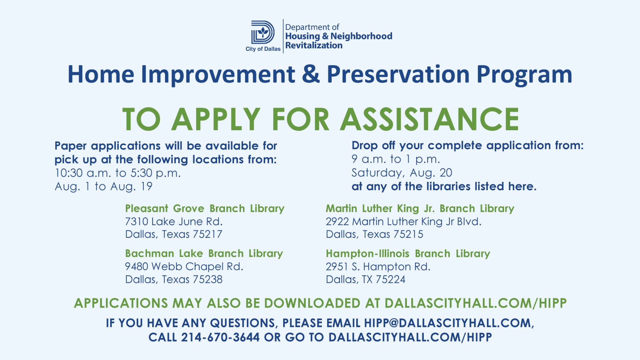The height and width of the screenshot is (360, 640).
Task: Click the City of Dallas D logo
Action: coord(263,32)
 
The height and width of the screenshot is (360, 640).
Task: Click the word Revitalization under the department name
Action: coord(314,45)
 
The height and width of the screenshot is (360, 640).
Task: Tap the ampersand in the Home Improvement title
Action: coord(311,74)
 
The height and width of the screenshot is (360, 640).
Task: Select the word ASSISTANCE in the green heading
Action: coord(429,119)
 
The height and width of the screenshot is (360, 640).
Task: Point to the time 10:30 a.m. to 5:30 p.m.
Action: coord(118,173)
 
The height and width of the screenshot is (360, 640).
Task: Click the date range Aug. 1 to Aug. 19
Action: coord(103,186)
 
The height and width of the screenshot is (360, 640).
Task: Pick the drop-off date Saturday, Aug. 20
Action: coord(402,173)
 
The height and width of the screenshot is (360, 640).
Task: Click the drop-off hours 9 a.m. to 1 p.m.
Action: coord(396,159)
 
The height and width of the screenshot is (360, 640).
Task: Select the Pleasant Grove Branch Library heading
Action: coord(205,208)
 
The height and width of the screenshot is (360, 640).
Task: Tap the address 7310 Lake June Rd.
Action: coord(174,222)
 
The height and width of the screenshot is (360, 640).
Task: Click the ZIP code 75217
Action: coord(207,234)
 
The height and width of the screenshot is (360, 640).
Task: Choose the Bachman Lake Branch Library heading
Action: coord(204,253)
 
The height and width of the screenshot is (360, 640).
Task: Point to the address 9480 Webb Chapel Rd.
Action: coord(184,267)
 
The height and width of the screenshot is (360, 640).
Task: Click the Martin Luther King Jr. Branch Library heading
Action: coord(420,208)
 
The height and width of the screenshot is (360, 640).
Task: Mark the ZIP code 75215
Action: coord(408,234)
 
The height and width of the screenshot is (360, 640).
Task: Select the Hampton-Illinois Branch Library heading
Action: coord(408,253)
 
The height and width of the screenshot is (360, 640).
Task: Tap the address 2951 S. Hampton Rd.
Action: coord(378,267)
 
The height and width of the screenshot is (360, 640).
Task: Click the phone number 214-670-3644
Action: coord(220,337)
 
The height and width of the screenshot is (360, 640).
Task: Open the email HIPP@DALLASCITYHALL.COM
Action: coord(449,323)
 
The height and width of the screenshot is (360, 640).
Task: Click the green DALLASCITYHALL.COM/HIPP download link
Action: coord(476,303)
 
